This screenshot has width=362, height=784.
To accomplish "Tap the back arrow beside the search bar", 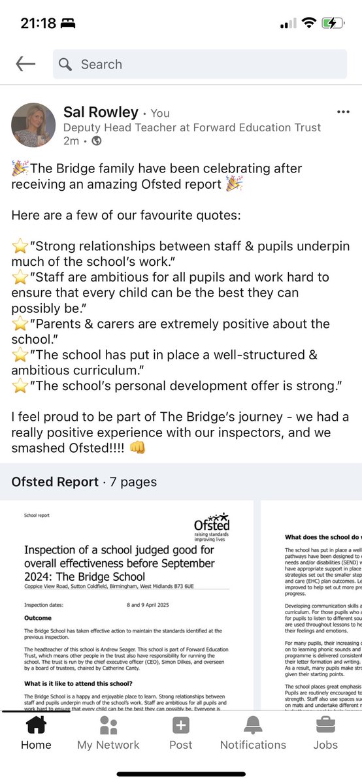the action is pyautogui.click(x=25, y=63).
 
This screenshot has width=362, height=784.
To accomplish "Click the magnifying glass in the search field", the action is pyautogui.click(x=65, y=64).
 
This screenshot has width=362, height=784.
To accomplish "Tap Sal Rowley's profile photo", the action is pyautogui.click(x=33, y=123).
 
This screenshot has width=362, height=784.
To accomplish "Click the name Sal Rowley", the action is pyautogui.click(x=101, y=112).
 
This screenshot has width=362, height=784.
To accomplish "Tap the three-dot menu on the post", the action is pyautogui.click(x=342, y=112).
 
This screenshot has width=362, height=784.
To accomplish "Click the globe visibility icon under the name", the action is pyautogui.click(x=97, y=140).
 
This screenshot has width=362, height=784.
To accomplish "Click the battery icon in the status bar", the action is pyautogui.click(x=332, y=23).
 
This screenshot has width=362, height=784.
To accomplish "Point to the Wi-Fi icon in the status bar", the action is pyautogui.click(x=307, y=23).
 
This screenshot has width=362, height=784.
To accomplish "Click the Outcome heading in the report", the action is pyautogui.click(x=37, y=617).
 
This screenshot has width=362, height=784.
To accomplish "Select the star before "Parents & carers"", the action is pyautogui.click(x=20, y=324).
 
